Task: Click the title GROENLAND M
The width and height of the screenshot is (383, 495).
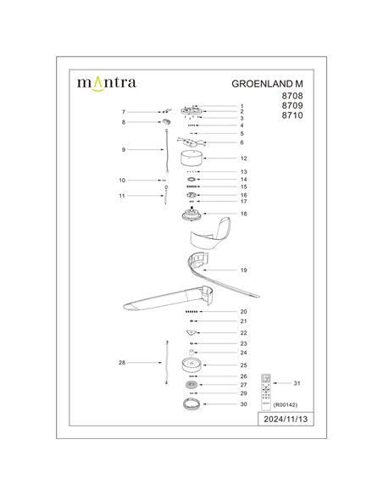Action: coord(268,85)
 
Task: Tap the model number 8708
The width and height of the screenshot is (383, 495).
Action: coord(291,99)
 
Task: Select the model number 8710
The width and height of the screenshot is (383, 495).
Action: coord(291,126)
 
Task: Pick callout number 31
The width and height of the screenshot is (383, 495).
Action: coord(297,384)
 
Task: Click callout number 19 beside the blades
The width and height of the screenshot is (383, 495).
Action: coord(243,270)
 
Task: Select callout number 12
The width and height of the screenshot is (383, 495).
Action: coord(243,159)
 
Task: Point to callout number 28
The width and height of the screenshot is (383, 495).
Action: coord(124,362)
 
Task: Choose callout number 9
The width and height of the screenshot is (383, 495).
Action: coord(124,149)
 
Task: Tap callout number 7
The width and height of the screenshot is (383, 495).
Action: coord(124,112)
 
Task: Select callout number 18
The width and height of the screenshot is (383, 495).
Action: coord(243,214)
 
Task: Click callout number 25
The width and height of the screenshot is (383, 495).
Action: coord(243,364)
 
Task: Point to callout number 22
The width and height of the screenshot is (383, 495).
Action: coord(243,333)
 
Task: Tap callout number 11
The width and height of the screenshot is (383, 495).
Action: coord(124,196)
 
